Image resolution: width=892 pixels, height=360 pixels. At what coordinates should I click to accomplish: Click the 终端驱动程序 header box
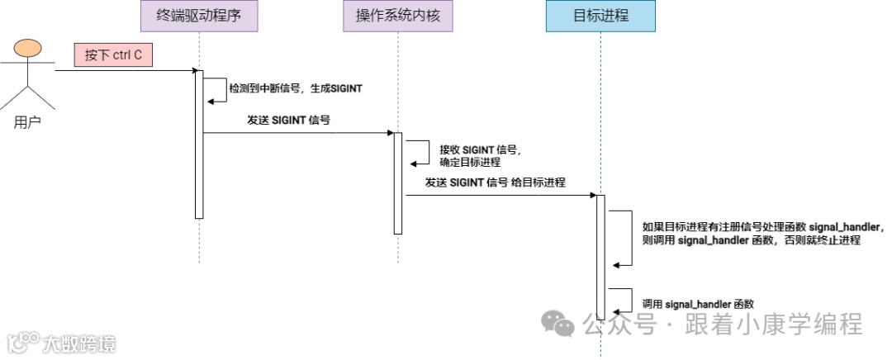[x=199, y=17]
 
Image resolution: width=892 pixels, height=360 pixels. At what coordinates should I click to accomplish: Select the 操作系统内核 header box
[x=397, y=17]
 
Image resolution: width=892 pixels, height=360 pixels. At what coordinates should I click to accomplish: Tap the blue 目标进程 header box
[x=600, y=17]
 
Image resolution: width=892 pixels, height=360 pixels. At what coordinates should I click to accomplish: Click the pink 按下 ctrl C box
[x=114, y=55]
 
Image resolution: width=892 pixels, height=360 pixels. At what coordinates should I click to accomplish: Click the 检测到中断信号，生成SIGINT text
[x=296, y=87]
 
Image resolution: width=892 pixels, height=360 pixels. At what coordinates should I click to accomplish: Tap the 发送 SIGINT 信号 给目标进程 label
[x=496, y=182]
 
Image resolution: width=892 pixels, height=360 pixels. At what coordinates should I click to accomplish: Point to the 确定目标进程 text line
[x=470, y=163]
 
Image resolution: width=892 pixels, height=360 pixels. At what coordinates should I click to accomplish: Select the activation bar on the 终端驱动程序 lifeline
[x=199, y=144]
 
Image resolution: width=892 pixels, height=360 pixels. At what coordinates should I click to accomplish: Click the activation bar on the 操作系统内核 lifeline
[x=397, y=183]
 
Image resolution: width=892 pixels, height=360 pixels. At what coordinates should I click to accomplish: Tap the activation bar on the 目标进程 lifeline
[x=600, y=256]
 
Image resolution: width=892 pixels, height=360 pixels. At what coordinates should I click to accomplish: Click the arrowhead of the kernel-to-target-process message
[x=592, y=196]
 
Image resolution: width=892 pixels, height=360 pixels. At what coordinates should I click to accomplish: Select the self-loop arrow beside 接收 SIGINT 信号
[x=420, y=153]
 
